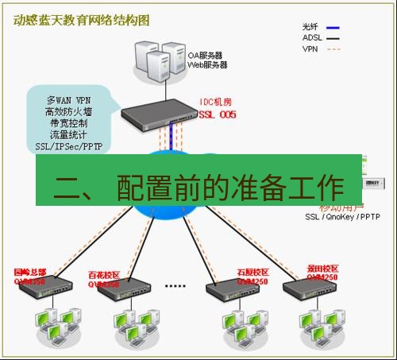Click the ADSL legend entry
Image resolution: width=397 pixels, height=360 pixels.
311,37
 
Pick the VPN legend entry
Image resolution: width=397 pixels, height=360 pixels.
310,48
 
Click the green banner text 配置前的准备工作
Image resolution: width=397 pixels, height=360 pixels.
230,188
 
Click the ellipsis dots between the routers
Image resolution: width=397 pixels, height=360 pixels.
174,285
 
